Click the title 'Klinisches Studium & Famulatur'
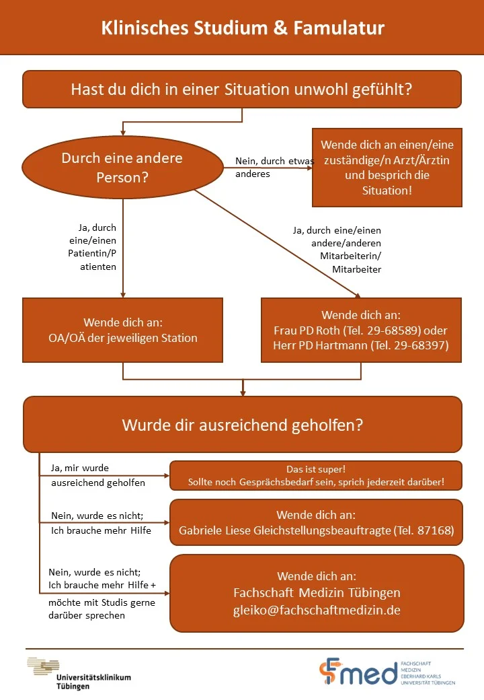click(243, 28)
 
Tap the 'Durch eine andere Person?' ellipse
click(122, 168)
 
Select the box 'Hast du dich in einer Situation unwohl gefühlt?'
click(242, 90)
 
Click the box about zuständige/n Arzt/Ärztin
click(387, 168)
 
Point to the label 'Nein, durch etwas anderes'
click(274, 167)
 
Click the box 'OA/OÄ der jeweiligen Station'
click(122, 330)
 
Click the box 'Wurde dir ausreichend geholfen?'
click(243, 425)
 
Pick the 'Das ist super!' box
click(316, 475)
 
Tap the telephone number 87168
click(435, 530)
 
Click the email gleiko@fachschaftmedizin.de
click(317, 610)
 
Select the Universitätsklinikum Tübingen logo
click(79, 673)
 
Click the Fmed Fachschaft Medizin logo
click(387, 672)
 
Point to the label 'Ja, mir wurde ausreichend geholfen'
click(98, 475)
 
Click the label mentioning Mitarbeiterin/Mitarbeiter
click(337, 250)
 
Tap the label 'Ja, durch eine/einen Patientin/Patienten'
click(92, 247)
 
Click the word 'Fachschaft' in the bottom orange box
click(264, 592)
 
